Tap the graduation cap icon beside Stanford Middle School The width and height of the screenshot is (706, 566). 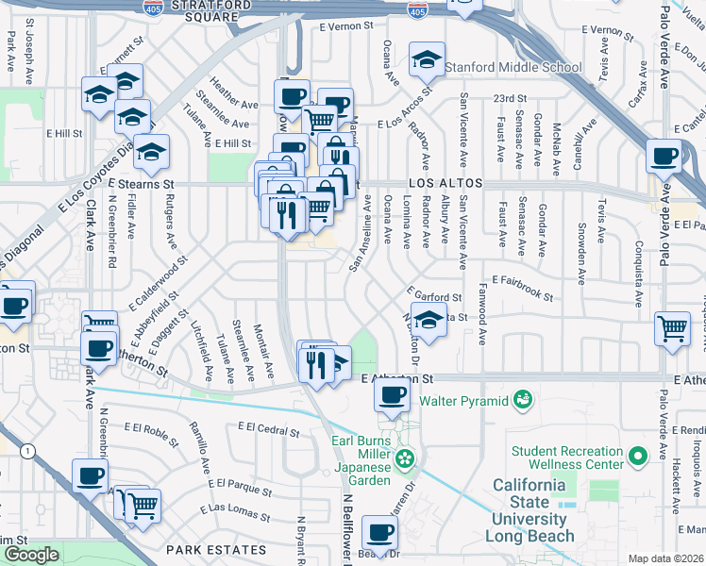pos(427,59)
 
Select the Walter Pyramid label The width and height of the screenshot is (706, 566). pos(463,401)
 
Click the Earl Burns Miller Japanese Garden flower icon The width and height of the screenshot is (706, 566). pos(405,459)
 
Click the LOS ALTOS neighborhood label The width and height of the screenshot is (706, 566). pos(445,182)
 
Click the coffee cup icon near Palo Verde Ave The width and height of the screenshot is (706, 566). pos(664,156)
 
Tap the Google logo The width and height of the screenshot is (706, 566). pos(31,555)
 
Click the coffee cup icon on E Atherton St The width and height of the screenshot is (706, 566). pos(392,395)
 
